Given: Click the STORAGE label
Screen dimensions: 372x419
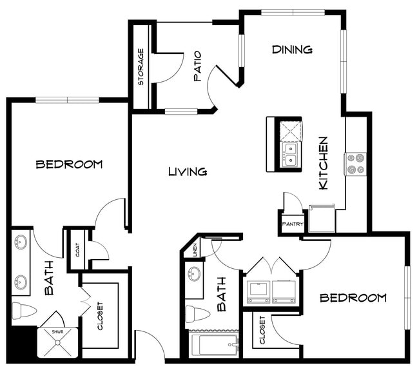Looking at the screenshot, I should (141, 67).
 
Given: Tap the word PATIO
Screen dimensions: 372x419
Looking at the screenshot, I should (198, 66).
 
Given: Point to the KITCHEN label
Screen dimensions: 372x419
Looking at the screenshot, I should (324, 162).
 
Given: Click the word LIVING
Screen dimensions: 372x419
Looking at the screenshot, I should (187, 171).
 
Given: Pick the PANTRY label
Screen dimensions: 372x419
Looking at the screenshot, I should (291, 224).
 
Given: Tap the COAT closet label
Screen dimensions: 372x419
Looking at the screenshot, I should (77, 250).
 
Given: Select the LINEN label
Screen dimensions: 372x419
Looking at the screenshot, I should (195, 250).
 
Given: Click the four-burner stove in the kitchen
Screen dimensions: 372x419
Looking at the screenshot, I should (355, 164).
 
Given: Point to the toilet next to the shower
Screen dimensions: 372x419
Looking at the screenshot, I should (24, 311).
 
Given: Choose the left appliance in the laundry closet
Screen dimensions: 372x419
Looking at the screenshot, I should (258, 291).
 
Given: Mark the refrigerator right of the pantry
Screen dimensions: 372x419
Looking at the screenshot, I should (321, 218).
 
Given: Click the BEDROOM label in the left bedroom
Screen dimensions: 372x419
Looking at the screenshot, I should (69, 164).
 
